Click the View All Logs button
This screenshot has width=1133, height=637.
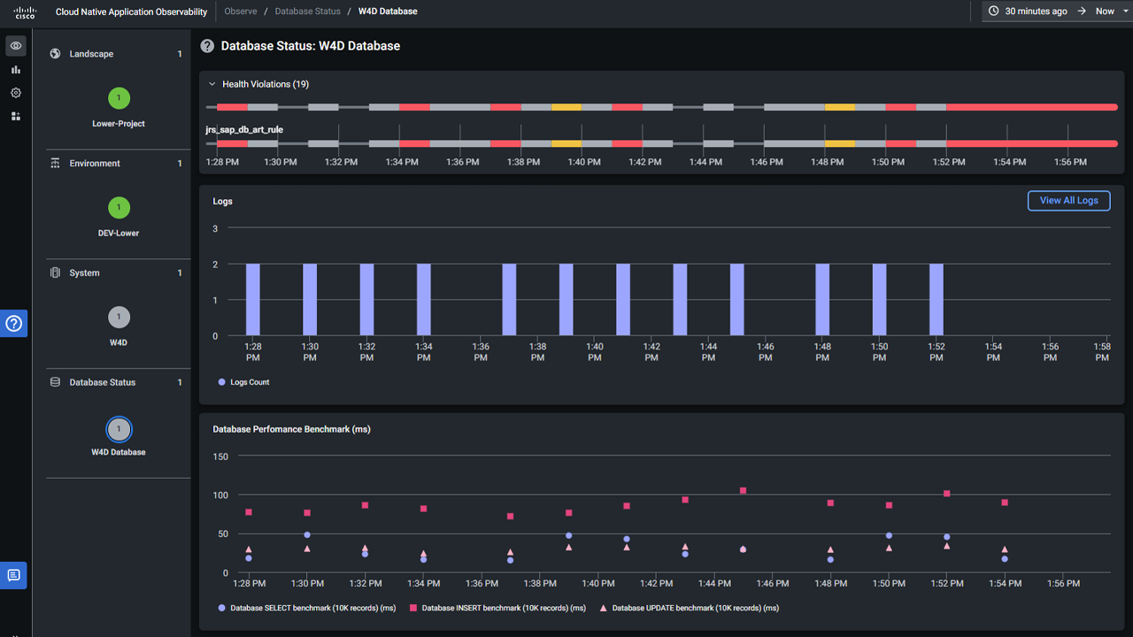1068,201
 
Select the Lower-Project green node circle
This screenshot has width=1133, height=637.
119,98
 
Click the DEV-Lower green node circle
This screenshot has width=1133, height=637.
119,208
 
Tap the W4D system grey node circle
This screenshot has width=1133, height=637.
119,317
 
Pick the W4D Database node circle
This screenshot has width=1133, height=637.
119,429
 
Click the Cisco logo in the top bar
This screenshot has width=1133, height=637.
25,12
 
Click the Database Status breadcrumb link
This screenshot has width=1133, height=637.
307,12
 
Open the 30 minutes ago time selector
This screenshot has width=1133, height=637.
1028,12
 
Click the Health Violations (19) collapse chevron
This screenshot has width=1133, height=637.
212,84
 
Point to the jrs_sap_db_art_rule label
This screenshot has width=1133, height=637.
244,130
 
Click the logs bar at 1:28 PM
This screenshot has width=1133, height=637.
253,299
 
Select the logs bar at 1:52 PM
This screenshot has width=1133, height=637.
936,299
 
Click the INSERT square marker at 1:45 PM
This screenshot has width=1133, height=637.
743,491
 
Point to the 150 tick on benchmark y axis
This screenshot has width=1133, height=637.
220,457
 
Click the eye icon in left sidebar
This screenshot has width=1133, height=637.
16,46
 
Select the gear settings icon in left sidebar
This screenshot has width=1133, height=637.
16,93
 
